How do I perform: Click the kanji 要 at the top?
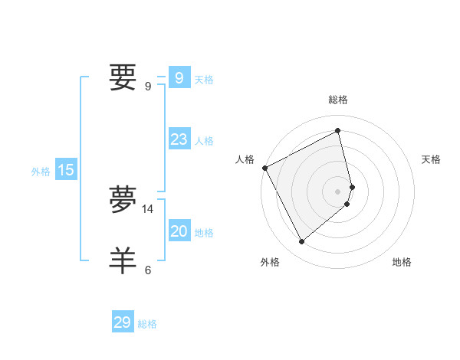[x=123, y=77]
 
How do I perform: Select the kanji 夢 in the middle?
[x=123, y=198]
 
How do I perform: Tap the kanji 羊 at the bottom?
[x=123, y=259]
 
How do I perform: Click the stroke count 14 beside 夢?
[x=148, y=208]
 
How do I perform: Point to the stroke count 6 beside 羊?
[x=148, y=270]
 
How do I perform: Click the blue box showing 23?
[x=179, y=139]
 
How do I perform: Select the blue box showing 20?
[x=179, y=231]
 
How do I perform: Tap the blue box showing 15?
[x=66, y=170]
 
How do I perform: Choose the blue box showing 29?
[x=123, y=322]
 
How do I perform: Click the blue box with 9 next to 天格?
[x=179, y=78]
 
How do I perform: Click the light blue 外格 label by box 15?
[x=41, y=172]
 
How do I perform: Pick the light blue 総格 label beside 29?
[x=147, y=324]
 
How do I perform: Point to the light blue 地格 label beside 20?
[x=204, y=233]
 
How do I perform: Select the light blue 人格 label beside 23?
[x=204, y=141]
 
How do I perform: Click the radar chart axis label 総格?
[x=338, y=100]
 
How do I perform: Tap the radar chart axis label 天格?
[x=431, y=159]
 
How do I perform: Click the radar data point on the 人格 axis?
[x=264, y=168]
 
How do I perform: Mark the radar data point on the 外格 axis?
[x=301, y=242]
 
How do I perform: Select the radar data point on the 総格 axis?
[x=338, y=131]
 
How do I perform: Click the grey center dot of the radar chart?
[x=338, y=191]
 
